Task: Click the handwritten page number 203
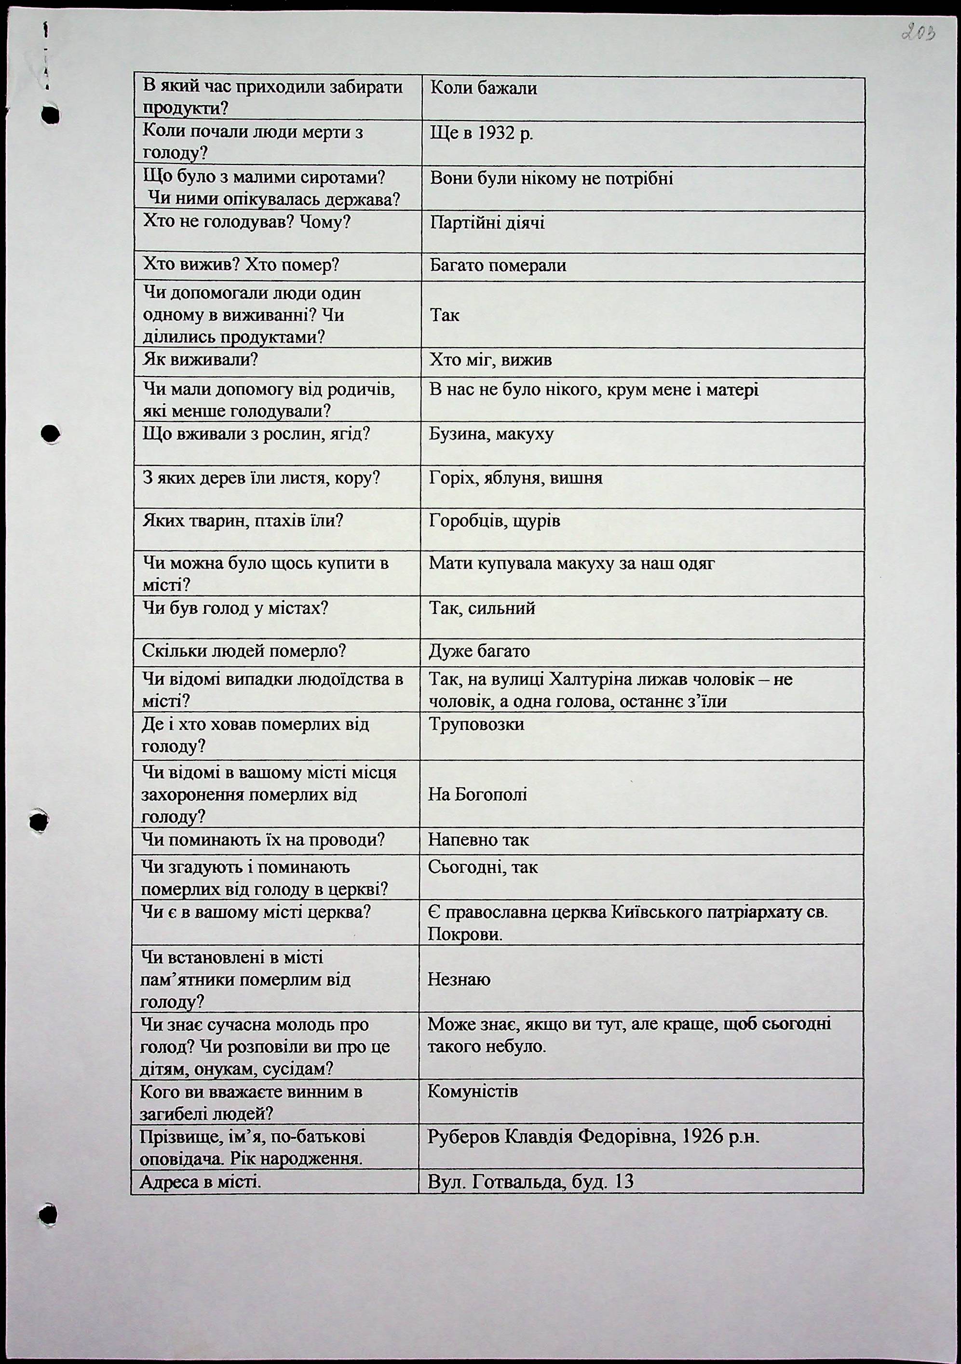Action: coord(918,32)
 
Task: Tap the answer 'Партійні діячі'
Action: coord(487,223)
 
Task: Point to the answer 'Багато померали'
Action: coord(498,266)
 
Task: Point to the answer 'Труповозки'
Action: coord(476,725)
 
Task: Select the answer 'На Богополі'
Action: coord(477,795)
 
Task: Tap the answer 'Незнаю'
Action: coord(459,980)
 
